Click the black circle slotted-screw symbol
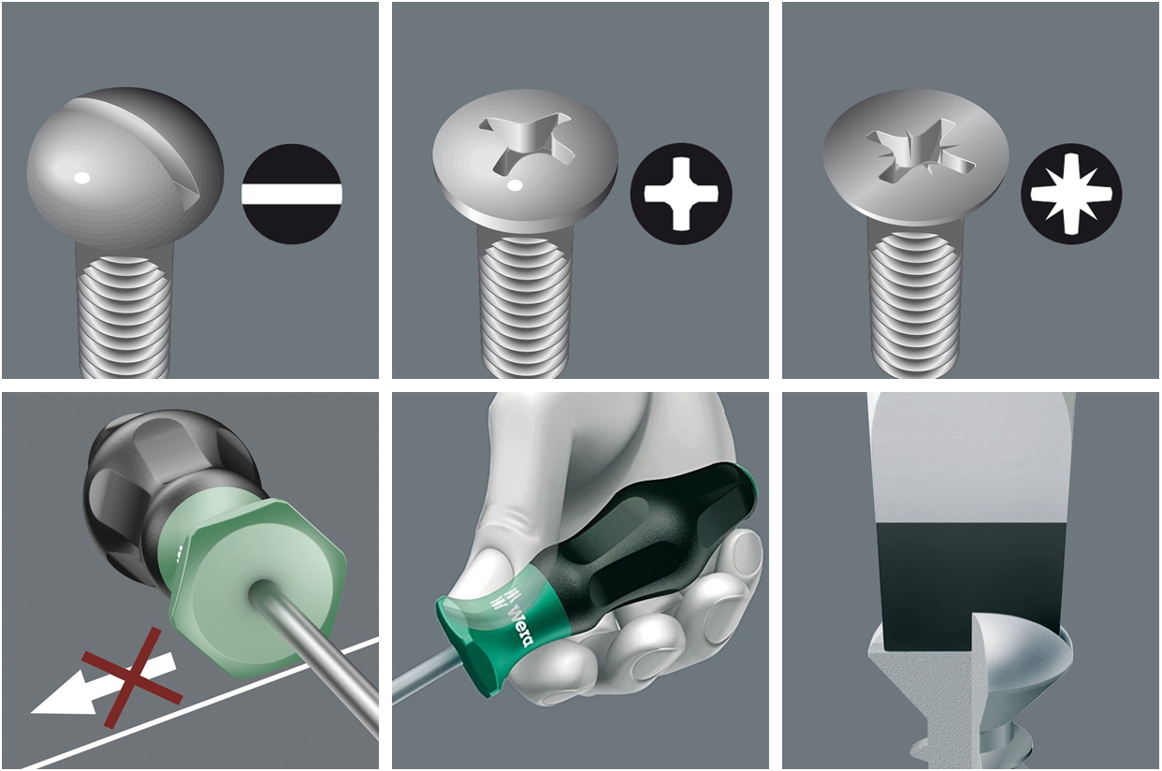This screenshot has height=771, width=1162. (292, 194)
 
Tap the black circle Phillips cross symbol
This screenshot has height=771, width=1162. (681, 194)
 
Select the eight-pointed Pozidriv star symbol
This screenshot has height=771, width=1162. (1071, 194)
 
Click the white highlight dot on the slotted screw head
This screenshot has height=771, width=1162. (82, 178)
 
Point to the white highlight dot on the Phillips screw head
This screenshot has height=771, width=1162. (514, 186)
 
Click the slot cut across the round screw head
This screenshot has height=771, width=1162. (140, 145)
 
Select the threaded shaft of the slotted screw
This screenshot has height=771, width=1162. (124, 317)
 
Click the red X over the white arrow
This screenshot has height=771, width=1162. (132, 677)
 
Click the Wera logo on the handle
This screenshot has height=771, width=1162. (520, 625)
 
